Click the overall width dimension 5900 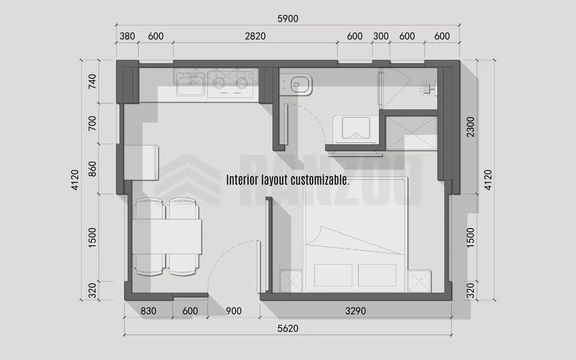point(288,19)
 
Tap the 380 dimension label point(127,36)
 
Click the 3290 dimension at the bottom point(355,312)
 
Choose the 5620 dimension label point(287,329)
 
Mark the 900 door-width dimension point(233,312)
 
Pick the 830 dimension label point(148,312)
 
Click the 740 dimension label point(92,82)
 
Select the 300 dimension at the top point(381,36)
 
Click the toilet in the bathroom point(300,84)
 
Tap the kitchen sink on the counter point(190,83)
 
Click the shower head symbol point(429,86)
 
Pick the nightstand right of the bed point(419,282)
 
